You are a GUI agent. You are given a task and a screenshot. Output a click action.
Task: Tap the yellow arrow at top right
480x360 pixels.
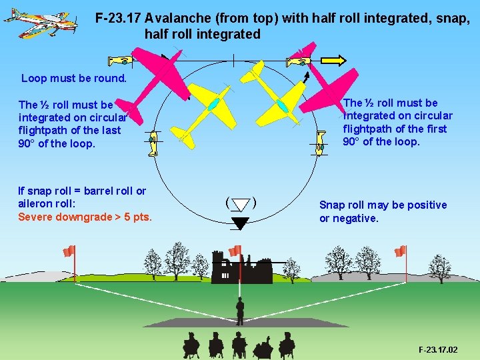[x=332, y=62]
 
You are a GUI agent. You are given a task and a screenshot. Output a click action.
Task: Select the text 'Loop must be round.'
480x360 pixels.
[x=74, y=78]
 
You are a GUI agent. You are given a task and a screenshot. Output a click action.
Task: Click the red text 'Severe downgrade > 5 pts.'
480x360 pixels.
[x=85, y=217]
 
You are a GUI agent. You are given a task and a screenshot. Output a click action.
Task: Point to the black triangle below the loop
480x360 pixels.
[x=240, y=223]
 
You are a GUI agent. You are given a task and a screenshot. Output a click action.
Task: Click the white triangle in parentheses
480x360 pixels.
[x=240, y=204]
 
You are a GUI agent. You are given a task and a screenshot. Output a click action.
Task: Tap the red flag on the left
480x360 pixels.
[x=68, y=251]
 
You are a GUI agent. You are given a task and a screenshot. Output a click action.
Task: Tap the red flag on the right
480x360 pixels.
[x=400, y=251]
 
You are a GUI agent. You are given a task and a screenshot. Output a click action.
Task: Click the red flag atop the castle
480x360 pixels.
[x=235, y=251]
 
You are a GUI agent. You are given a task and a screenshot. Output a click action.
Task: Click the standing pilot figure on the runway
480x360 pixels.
[x=240, y=311]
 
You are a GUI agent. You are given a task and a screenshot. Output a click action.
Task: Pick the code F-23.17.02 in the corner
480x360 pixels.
[x=438, y=349]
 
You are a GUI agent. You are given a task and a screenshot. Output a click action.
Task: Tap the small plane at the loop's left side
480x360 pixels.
[x=153, y=143]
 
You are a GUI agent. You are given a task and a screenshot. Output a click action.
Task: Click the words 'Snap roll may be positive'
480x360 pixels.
[x=383, y=205]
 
